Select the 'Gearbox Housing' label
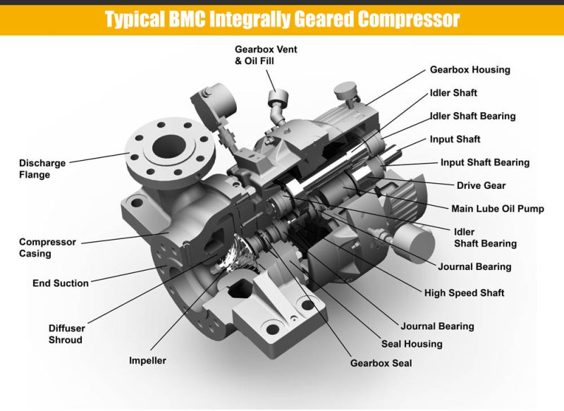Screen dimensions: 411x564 pos(470,70)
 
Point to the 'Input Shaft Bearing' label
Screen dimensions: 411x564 pos(484,162)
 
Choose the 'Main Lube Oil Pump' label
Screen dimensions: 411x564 pos(498,209)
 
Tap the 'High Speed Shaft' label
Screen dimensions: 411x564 pos(464,293)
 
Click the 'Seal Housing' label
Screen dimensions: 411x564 pos(412,344)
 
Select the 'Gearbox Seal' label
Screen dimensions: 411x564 pos(381,364)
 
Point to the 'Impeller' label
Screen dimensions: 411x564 pos(147,360)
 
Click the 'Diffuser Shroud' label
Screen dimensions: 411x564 pos(66,333)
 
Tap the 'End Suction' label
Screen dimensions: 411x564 pos(61,283)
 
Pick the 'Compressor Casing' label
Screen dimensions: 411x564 pos(47,247)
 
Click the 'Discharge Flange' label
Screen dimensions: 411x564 pos(44,168)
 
